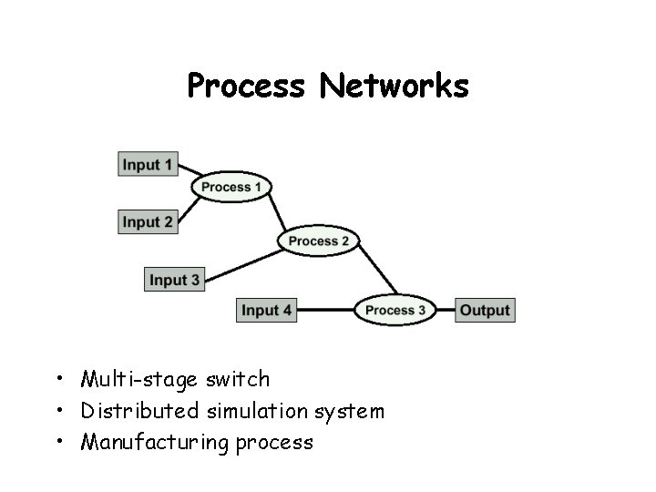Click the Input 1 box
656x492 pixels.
148,165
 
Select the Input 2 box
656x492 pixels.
148,221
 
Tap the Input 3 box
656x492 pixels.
174,279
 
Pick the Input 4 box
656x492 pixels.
266,310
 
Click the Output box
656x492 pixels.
484,310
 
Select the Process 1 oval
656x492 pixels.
231,187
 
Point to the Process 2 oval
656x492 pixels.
319,241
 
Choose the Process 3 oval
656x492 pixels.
395,310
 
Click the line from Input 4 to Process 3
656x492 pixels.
325,310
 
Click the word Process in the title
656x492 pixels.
245,87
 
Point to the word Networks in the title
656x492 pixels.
395,87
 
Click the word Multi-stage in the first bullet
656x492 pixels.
125,378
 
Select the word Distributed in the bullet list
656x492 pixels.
139,411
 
